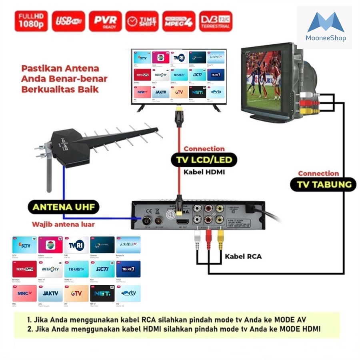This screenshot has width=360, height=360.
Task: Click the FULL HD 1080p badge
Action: tap(31, 21)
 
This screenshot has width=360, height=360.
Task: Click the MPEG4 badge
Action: tap(179, 21)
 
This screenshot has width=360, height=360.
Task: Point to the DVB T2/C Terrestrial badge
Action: tap(215, 21)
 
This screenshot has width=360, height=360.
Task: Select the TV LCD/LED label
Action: tap(204, 160)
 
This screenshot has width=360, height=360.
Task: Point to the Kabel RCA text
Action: tap(243, 256)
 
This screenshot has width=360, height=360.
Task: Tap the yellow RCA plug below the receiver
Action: tap(220, 241)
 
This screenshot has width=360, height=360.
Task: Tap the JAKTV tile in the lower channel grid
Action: tap(50, 293)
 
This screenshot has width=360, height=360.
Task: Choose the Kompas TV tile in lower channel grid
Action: tap(128, 244)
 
